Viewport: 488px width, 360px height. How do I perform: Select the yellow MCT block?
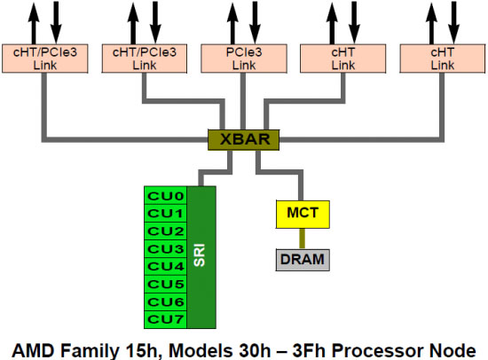(x=302, y=213)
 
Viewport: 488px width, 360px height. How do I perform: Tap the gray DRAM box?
(x=302, y=259)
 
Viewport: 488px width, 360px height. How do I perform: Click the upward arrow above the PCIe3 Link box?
(x=230, y=20)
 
